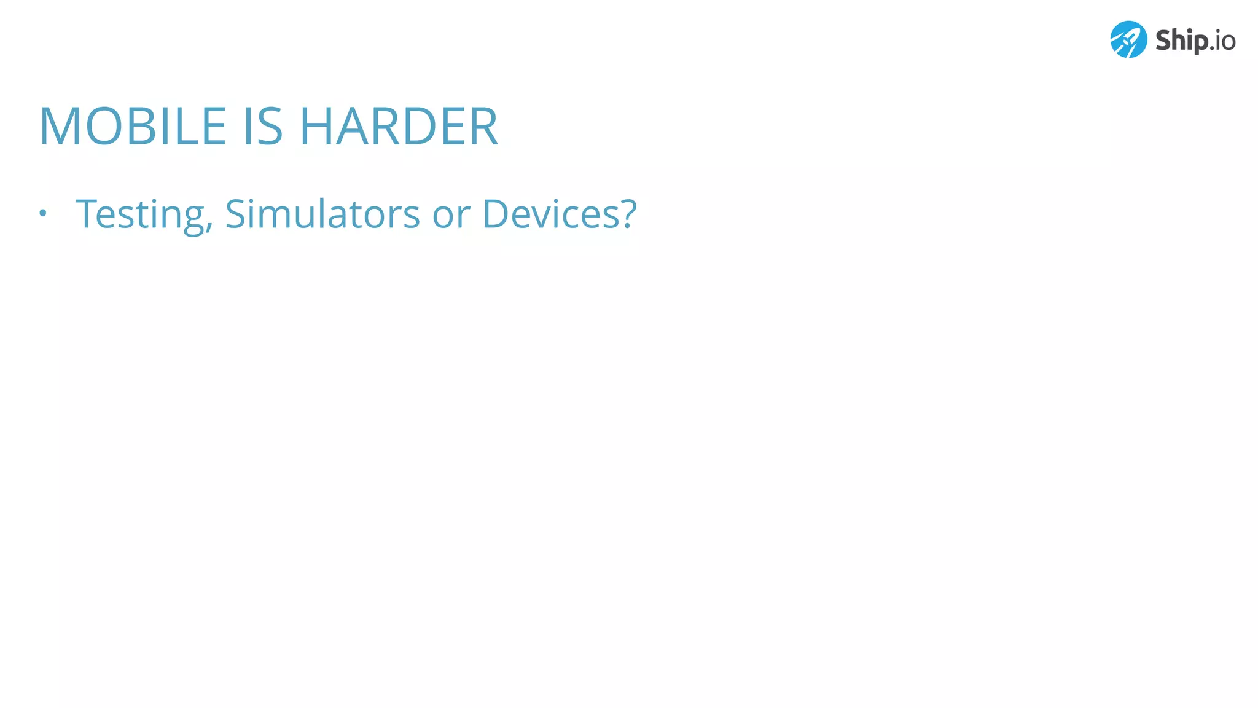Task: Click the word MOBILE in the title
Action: (133, 127)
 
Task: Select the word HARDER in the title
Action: (398, 127)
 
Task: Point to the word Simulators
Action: (322, 214)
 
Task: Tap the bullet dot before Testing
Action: (42, 214)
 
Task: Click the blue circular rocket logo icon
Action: (1128, 39)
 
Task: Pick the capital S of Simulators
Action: (236, 214)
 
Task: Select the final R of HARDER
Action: (483, 127)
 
